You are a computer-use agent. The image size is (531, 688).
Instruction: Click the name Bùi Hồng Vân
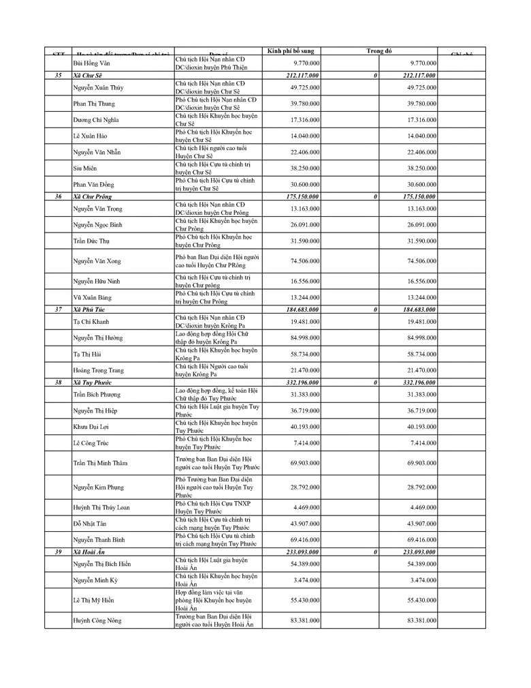pos(91,63)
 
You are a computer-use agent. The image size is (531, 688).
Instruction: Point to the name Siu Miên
pos(84,168)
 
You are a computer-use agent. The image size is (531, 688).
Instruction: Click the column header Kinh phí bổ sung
pos(291,51)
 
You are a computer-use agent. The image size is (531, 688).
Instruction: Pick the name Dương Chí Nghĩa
pos(95,120)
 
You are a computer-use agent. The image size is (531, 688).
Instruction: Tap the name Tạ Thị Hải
pos(86,354)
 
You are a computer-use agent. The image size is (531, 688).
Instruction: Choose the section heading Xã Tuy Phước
pos(93,383)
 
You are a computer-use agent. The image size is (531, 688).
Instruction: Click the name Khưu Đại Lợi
pos(91,427)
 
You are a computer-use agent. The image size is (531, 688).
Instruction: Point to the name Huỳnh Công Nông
pos(97,620)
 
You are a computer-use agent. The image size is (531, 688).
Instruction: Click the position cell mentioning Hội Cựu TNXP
pos(213,507)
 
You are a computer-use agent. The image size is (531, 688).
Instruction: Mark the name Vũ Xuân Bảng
pos(92,297)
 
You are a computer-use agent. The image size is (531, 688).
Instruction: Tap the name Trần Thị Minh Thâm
pos(100,463)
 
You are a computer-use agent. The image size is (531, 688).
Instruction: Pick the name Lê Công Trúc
pos(91,443)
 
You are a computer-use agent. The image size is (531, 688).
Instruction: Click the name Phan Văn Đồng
pos(94,184)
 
